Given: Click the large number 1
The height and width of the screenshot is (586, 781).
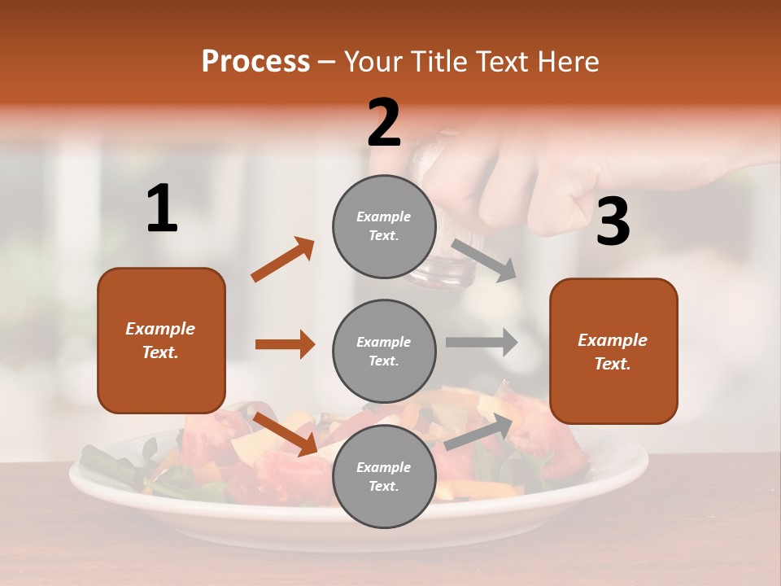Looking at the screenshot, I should pyautogui.click(x=162, y=209).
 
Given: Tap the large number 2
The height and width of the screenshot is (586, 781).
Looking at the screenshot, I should pyautogui.click(x=384, y=123).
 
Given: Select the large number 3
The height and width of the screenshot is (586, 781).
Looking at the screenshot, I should pyautogui.click(x=613, y=221).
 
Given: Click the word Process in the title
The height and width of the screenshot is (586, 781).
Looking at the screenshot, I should pyautogui.click(x=255, y=61).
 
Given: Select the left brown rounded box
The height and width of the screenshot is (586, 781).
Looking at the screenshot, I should pyautogui.click(x=161, y=340).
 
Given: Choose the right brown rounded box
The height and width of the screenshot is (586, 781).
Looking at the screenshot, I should pyautogui.click(x=613, y=351).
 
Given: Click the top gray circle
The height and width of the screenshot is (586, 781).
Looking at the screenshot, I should pyautogui.click(x=384, y=226).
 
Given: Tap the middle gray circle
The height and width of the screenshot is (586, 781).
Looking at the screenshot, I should pyautogui.click(x=384, y=351).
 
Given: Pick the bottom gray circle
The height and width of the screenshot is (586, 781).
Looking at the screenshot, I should pyautogui.click(x=384, y=476).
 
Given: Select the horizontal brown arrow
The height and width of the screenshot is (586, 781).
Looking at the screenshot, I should pyautogui.click(x=285, y=344).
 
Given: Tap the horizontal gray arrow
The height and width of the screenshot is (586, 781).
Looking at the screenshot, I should pyautogui.click(x=482, y=343).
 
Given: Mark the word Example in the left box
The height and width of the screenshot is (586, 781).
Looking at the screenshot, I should pyautogui.click(x=160, y=329).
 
